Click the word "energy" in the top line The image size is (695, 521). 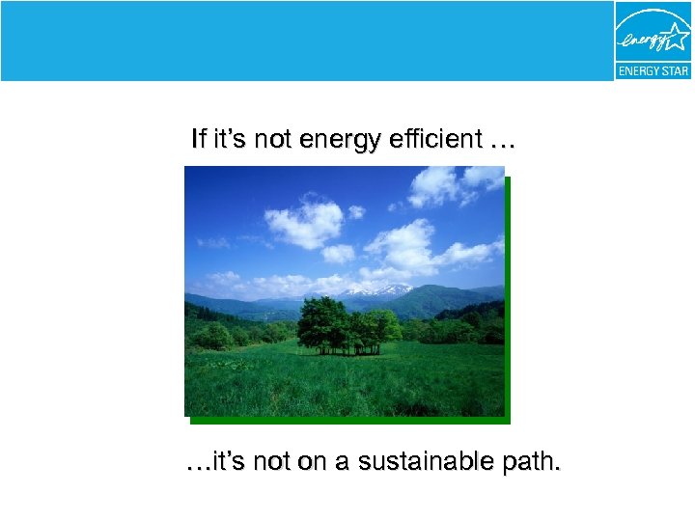pos(334,140)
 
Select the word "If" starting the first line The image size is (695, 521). pos(198,140)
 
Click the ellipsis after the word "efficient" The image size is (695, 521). pos(503,143)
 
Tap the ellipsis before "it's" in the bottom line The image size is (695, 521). pos(197,466)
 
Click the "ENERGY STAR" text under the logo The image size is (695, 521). pos(653,71)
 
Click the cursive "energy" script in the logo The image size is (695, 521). pos(642,41)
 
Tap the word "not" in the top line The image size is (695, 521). pos(273,140)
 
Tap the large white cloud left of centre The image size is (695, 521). pos(304,223)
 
